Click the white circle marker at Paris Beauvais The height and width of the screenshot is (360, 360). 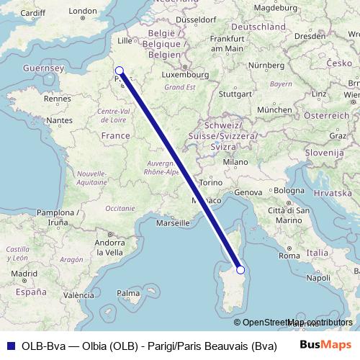coord(120,71)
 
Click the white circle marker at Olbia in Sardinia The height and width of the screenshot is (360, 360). coord(241,270)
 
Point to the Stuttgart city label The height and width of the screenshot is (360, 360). coord(235,94)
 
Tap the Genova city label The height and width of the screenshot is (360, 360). coord(247,192)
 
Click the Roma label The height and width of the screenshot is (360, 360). coord(288,256)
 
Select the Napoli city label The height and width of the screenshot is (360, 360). coord(318,277)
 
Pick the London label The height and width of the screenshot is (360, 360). coord(81,11)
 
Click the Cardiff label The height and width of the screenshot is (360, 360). coord(32,13)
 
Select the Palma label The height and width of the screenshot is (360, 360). coord(129,294)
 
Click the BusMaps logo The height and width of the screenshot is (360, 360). coord(325,344)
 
